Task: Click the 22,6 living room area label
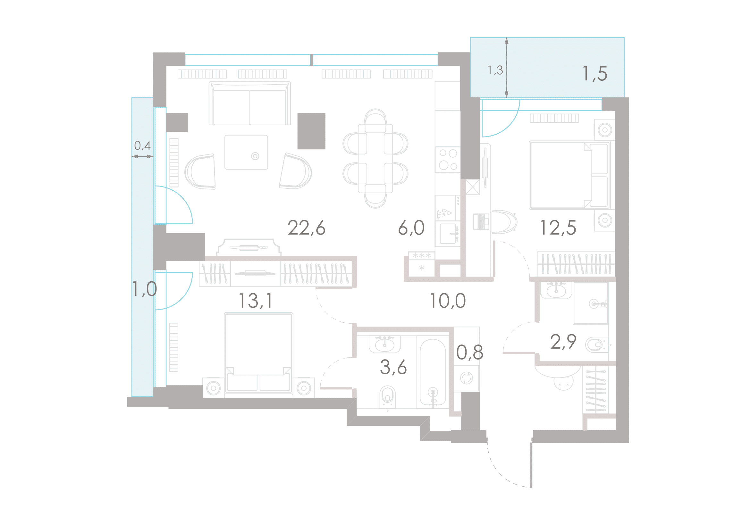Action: click(x=307, y=228)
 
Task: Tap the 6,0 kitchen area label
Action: click(x=411, y=228)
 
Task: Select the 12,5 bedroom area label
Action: click(x=558, y=228)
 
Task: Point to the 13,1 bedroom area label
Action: click(x=256, y=301)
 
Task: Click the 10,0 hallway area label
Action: click(x=448, y=301)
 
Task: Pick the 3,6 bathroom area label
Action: click(x=393, y=367)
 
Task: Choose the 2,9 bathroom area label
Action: click(x=563, y=342)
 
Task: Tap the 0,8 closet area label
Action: click(x=470, y=352)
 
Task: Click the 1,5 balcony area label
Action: click(x=595, y=73)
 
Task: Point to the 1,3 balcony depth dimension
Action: click(x=495, y=70)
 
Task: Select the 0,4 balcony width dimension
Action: click(x=142, y=145)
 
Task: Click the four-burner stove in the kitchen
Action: click(x=448, y=160)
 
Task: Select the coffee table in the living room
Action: click(x=246, y=153)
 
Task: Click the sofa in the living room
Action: click(x=250, y=104)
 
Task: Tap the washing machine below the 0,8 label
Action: click(x=467, y=378)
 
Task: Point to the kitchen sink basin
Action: click(x=448, y=234)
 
